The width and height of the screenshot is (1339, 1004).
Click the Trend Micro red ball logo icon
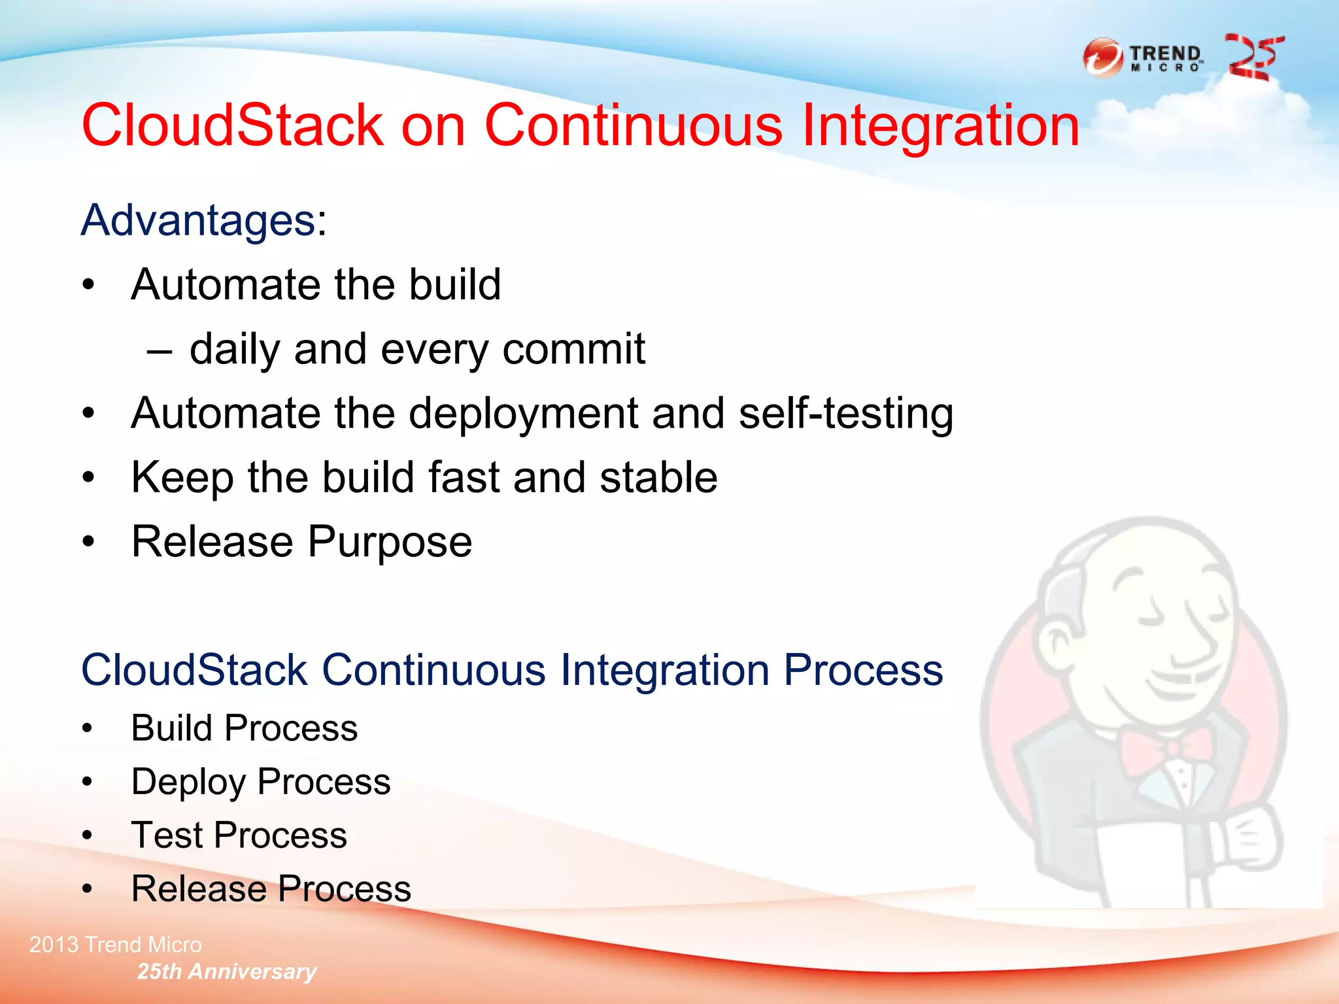point(1103,58)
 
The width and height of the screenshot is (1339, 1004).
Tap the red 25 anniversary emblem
point(1253,58)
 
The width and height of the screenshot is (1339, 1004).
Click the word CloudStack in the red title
point(232,125)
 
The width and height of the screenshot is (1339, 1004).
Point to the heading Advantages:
point(203,220)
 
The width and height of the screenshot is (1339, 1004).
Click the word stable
point(658,477)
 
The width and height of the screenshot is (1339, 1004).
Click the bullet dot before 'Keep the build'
point(89,478)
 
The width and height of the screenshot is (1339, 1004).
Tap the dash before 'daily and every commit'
point(160,352)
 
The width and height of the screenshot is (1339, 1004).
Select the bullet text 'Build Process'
point(244,728)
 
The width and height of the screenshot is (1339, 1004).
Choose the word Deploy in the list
point(188,782)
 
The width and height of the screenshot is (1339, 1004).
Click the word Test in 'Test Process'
point(167,835)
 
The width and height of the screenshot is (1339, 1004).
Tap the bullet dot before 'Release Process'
point(88,889)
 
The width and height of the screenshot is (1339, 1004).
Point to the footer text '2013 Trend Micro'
point(115,945)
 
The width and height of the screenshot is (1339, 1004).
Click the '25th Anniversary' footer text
point(226,971)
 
